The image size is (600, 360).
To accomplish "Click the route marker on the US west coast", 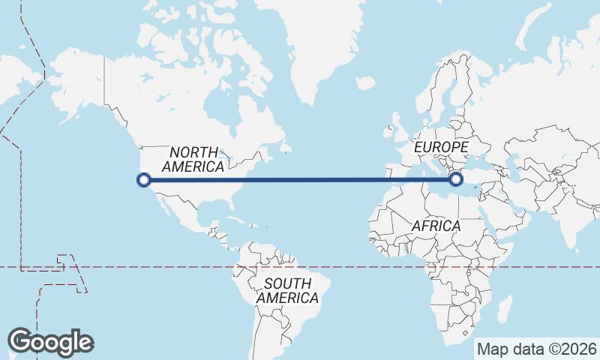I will coord(144,179).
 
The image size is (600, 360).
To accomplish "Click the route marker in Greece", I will coord(455,179).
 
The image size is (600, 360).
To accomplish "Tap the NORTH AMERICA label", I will coord(193,159).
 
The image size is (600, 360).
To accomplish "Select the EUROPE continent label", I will coord(442,147).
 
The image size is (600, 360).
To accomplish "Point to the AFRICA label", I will coord(436,226).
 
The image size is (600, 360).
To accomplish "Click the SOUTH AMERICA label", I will coord(287,290).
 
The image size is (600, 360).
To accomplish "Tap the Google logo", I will coord(50,341).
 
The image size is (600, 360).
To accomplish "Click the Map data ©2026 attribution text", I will coord(536,349).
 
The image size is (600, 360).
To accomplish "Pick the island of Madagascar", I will coord(504,307).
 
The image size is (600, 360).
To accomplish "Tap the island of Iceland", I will coord(365,83).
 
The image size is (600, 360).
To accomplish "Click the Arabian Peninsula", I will coord(505,217).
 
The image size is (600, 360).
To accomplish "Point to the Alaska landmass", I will coord(71,82).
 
